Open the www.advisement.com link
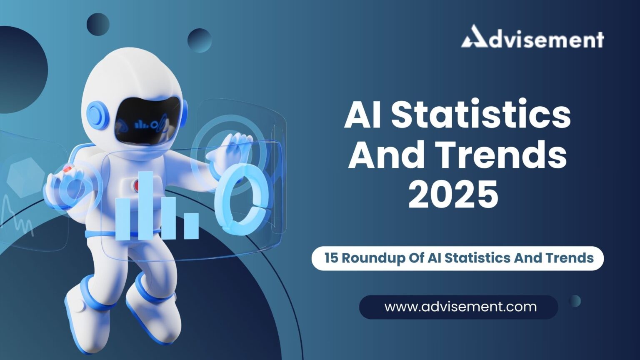460,307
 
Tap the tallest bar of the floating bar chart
146,206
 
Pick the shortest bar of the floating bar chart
191,226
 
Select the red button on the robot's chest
137,186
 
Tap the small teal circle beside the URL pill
575,301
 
